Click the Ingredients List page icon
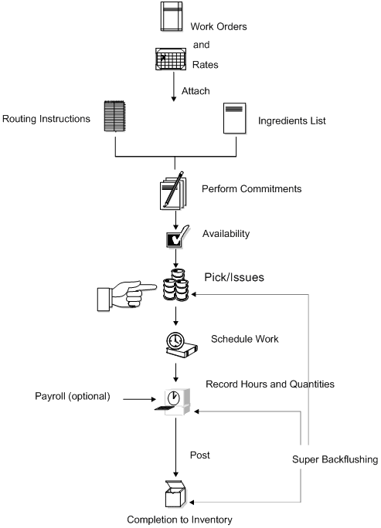point(235,120)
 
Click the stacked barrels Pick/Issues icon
point(177,292)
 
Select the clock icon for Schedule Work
point(177,345)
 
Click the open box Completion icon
point(177,492)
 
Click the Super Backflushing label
point(335,460)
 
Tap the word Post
point(199,455)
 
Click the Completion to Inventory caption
point(179,520)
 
